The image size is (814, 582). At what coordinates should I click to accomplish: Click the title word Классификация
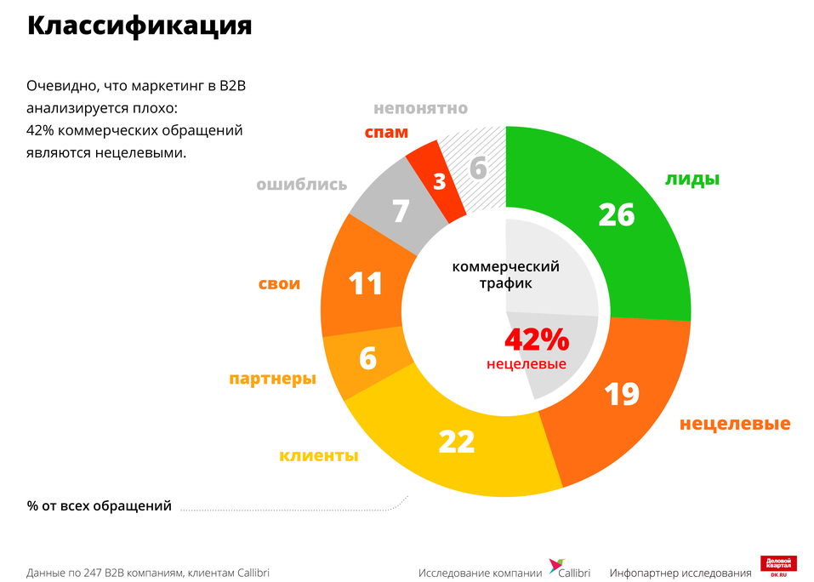[139, 26]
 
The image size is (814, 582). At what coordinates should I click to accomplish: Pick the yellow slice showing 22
[457, 442]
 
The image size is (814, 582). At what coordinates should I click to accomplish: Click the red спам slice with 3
[438, 180]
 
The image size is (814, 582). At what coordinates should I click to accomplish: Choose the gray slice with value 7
[400, 210]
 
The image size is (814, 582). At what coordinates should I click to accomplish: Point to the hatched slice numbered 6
[478, 168]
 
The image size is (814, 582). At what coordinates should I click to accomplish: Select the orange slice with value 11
[366, 282]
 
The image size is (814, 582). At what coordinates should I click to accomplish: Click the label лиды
[692, 179]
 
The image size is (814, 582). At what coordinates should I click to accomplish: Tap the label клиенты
[318, 455]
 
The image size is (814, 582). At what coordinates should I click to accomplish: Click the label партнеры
[272, 379]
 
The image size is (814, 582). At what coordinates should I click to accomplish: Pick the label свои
[279, 283]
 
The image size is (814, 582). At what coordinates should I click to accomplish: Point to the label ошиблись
[301, 185]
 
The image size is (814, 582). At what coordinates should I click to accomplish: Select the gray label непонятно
[420, 108]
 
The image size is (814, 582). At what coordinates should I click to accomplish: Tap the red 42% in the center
[536, 339]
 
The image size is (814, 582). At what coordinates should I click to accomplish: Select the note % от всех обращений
[99, 506]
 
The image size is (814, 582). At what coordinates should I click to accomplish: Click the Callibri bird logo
[556, 568]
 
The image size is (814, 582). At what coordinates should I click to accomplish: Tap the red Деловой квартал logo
[778, 567]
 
